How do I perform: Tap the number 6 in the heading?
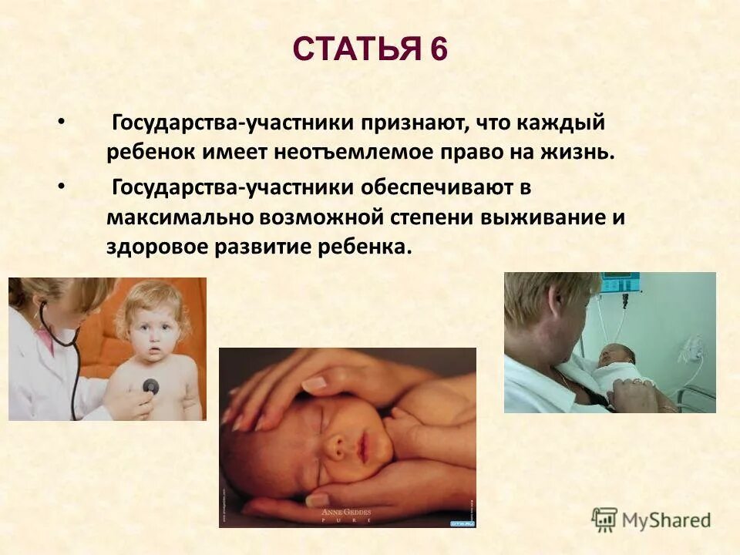(x=438, y=50)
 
